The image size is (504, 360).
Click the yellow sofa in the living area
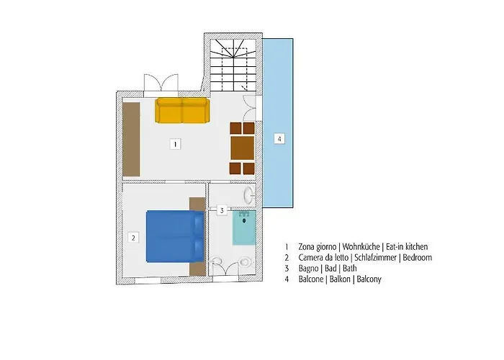(183, 111)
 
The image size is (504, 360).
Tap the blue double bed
(175, 236)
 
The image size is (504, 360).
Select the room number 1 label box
(175, 144)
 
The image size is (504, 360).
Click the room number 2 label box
(133, 238)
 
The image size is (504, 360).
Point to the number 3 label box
(222, 210)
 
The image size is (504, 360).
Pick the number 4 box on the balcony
(279, 139)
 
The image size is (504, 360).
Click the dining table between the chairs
(243, 148)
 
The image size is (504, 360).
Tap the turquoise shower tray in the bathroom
(244, 228)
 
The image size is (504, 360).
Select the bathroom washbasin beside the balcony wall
(249, 195)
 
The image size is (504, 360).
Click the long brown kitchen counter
(132, 139)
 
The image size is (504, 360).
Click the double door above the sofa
(161, 85)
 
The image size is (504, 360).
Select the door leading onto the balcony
(250, 108)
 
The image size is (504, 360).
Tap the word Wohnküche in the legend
(361, 246)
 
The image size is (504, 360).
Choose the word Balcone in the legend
(311, 279)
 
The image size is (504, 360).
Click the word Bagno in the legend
(309, 269)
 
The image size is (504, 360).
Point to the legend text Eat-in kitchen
(407, 246)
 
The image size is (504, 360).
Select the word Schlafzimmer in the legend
(375, 258)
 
